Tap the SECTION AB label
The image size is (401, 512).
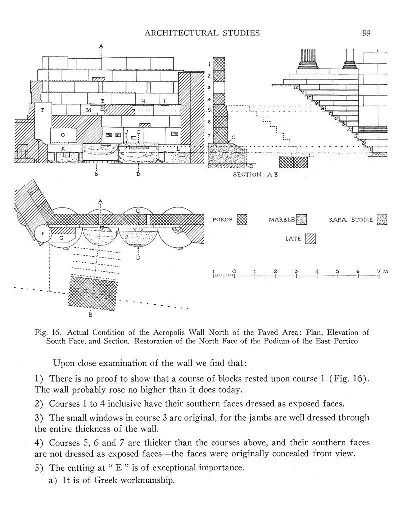click(x=254, y=175)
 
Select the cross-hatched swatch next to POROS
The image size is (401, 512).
click(x=242, y=219)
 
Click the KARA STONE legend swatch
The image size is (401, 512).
click(x=383, y=219)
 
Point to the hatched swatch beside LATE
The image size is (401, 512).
click(x=311, y=239)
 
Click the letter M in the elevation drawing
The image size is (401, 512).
click(x=88, y=110)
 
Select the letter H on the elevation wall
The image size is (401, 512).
click(x=143, y=102)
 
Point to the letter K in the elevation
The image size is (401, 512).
click(x=63, y=149)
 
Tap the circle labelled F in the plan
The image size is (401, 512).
click(x=44, y=234)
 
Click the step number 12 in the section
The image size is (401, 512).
click(x=296, y=88)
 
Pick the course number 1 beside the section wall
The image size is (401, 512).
click(x=209, y=65)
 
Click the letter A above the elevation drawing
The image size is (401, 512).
click(x=101, y=47)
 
